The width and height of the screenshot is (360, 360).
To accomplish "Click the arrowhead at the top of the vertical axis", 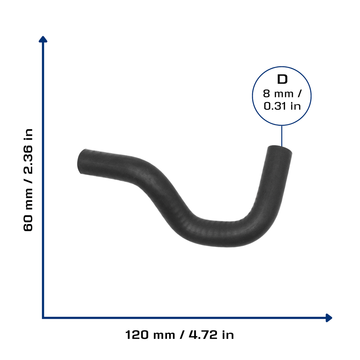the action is [43, 39].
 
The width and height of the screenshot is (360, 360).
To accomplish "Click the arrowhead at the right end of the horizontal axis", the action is [329, 318].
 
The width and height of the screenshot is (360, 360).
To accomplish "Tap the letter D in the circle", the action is [282, 79].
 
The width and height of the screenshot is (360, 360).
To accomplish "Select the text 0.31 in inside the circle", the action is [282, 106].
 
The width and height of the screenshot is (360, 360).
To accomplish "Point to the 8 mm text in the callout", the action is [278, 94].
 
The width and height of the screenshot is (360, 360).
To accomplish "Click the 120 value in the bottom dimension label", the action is [137, 335].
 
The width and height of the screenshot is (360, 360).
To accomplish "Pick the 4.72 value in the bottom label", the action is [203, 335].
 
